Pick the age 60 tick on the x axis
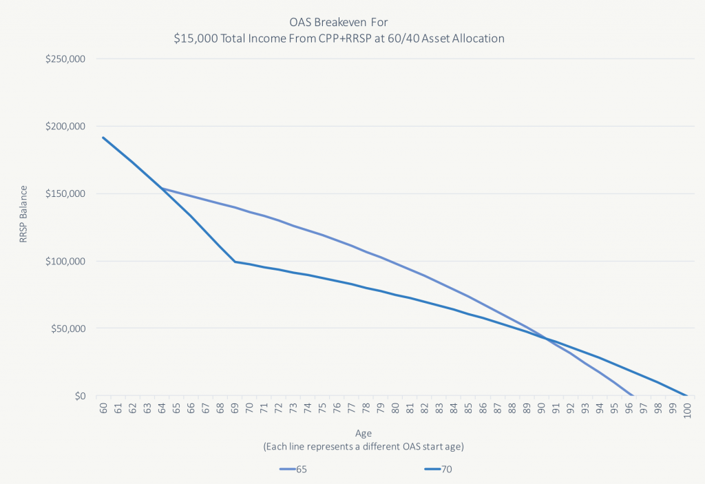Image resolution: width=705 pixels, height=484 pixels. tap(103, 408)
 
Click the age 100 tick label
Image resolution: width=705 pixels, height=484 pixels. tap(688, 410)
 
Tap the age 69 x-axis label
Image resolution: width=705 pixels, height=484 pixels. tap(235, 408)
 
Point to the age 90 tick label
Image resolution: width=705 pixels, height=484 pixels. tap(542, 408)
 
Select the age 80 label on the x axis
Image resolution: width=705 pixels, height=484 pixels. tap(395, 408)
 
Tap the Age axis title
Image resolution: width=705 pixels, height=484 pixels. tap(364, 434)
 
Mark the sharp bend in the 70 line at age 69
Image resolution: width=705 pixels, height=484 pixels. tap(235, 262)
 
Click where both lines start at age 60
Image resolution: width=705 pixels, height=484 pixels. tap(103, 137)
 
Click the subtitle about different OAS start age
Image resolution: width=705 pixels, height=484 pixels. tap(364, 446)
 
